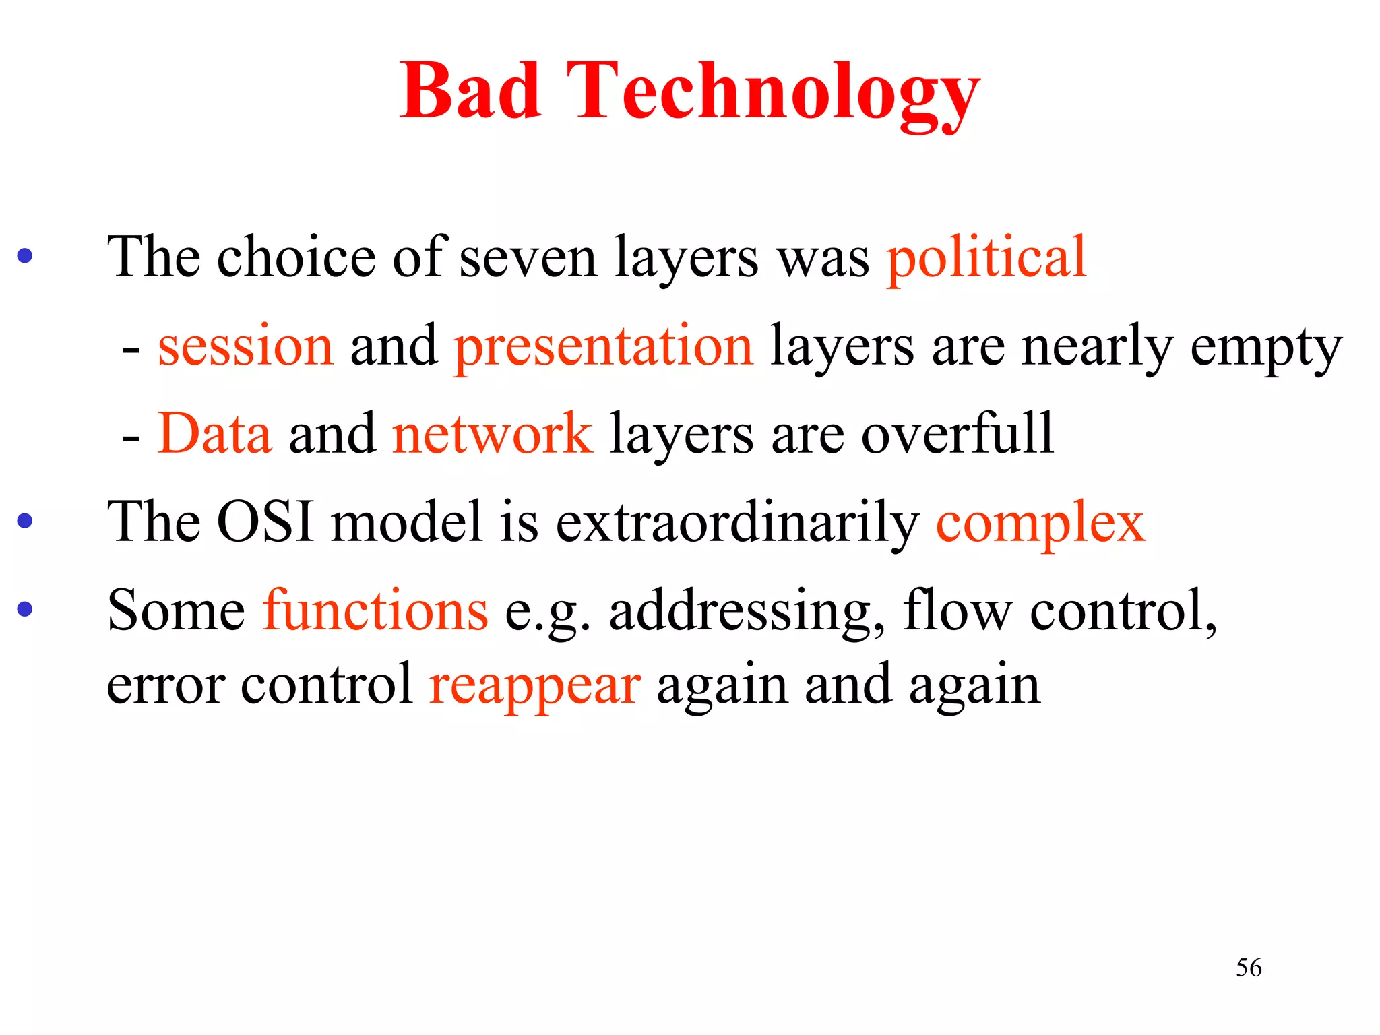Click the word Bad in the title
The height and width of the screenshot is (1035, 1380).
point(470,91)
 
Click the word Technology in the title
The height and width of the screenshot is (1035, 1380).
point(772,94)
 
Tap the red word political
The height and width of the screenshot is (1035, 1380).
point(986,259)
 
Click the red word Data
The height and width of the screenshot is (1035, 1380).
point(214,434)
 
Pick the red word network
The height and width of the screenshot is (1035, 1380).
point(492,435)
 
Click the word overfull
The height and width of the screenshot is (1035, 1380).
point(957,435)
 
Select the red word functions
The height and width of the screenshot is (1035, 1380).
point(375,610)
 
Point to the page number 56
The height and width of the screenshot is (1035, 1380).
point(1249,968)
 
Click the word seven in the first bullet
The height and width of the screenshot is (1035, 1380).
point(528,259)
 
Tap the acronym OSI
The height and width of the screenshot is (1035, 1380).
point(265,522)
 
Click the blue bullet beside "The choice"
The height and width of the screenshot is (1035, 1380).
point(25,256)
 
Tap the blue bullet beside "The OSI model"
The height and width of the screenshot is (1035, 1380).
point(25,521)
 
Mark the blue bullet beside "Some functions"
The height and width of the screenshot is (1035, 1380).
point(25,610)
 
